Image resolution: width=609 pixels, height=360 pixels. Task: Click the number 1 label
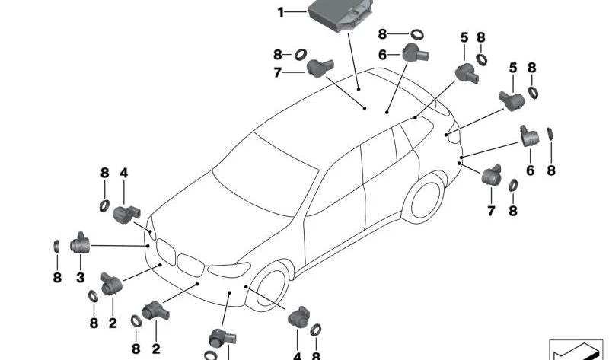tap(281, 12)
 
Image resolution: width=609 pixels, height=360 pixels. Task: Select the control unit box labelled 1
tap(340, 14)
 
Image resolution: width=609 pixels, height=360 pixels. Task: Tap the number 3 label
tap(81, 278)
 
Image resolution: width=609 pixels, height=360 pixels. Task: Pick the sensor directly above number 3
tap(81, 243)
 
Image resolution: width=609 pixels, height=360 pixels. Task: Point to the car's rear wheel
tap(426, 199)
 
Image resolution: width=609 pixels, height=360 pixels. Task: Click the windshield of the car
tap(264, 175)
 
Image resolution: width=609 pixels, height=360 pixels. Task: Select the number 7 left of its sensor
tap(277, 72)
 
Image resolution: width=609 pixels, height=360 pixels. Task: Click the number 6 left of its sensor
tap(383, 55)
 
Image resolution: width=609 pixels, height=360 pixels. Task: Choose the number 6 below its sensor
tap(531, 170)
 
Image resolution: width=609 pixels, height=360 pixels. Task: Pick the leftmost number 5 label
tap(464, 37)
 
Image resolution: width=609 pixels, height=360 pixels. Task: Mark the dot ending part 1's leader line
tap(359, 89)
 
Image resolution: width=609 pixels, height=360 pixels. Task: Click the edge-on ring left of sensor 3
tap(56, 247)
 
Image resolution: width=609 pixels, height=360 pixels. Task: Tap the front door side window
tap(336, 182)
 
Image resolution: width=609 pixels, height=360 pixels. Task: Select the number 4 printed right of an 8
tap(124, 173)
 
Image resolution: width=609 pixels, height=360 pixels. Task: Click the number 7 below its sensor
tap(491, 211)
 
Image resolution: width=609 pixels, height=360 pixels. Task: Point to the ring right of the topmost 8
tap(417, 34)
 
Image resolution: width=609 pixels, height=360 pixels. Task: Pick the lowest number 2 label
tap(156, 349)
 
